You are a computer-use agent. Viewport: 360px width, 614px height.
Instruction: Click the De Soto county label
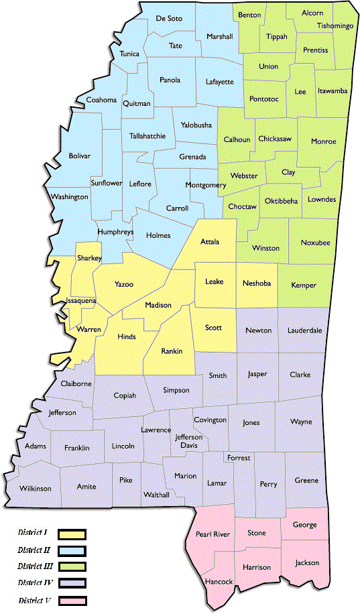[x=168, y=18]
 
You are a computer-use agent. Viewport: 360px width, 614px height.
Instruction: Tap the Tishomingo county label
[x=335, y=25]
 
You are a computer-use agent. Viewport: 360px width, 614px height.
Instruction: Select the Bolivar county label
[x=78, y=156]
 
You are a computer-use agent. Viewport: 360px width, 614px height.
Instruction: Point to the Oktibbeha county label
[x=282, y=201]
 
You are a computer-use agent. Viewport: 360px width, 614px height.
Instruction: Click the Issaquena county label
[x=80, y=302]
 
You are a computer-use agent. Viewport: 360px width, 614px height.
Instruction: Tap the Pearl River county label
[x=213, y=534]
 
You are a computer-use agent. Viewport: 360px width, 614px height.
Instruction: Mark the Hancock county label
[x=219, y=582]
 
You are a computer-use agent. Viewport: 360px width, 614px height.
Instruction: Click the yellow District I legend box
[x=72, y=534]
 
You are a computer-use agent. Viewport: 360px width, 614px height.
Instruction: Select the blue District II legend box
[x=72, y=550]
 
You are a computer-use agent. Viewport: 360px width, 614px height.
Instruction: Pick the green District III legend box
[x=72, y=566]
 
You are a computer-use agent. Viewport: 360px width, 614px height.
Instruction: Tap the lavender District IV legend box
[x=72, y=582]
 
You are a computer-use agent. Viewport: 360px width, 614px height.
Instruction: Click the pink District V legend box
[x=72, y=599]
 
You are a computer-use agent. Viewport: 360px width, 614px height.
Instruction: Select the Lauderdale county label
[x=305, y=330]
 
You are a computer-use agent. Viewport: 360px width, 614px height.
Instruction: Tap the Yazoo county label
[x=124, y=285]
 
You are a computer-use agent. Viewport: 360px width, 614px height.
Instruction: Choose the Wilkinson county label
[x=35, y=488]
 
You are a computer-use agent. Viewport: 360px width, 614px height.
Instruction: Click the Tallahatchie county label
[x=147, y=136]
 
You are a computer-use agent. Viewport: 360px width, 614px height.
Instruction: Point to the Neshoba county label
[x=257, y=284]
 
